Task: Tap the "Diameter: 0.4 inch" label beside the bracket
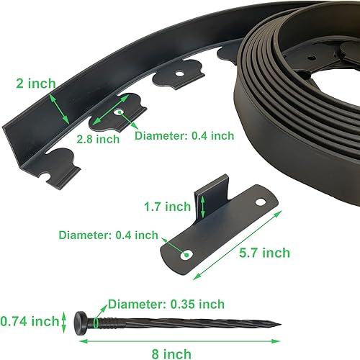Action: [108, 235]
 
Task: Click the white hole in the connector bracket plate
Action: [188, 254]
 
